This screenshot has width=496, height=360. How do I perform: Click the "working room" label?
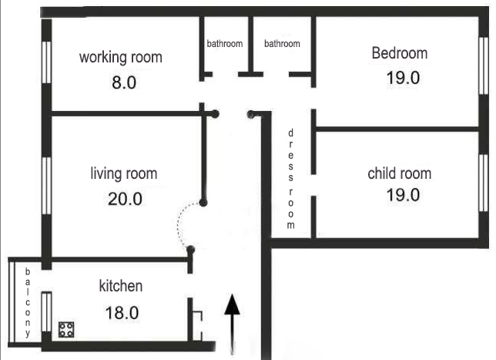click(x=120, y=57)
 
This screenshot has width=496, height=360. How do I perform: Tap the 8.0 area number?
click(x=124, y=82)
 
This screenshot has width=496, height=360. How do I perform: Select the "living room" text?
click(x=124, y=173)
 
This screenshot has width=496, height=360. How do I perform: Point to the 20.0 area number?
click(x=125, y=199)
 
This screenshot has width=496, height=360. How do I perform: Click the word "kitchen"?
click(x=121, y=286)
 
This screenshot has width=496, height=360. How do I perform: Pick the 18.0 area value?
click(x=122, y=313)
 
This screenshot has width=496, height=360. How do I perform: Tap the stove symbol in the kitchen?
click(x=66, y=330)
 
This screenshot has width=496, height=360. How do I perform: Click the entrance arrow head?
click(x=232, y=304)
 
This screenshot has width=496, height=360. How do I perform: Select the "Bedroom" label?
click(x=400, y=53)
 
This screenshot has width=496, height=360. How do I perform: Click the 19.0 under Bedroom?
click(x=403, y=78)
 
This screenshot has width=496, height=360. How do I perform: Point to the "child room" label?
click(x=400, y=173)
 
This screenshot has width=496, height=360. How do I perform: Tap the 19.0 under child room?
click(x=403, y=195)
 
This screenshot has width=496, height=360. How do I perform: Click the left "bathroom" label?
click(x=225, y=43)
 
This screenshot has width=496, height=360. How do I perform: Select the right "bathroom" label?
click(x=282, y=43)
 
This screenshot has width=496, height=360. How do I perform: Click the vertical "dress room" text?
click(x=290, y=179)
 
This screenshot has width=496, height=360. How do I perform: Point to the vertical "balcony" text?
click(x=28, y=302)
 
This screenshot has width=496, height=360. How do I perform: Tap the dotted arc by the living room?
click(x=179, y=225)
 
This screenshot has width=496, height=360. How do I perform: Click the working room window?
click(x=46, y=62)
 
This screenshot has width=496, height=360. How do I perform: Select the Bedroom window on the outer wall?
click(x=484, y=66)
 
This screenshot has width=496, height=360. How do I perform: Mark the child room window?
click(x=484, y=183)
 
